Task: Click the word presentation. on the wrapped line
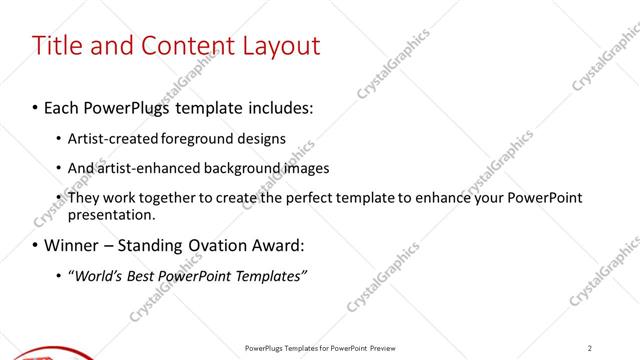pyautogui.click(x=111, y=214)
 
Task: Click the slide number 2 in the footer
pyautogui.click(x=589, y=348)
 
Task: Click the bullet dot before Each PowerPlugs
pyautogui.click(x=35, y=107)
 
